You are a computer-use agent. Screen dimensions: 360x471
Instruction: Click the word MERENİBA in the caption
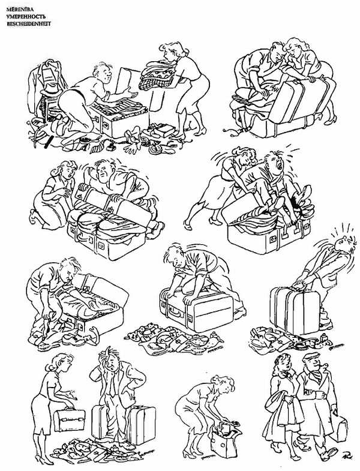(20, 10)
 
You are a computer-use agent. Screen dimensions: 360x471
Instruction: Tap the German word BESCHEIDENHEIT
(29, 23)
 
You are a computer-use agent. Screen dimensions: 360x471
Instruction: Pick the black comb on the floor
(49, 142)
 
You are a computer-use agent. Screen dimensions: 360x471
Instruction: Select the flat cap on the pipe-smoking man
(311, 356)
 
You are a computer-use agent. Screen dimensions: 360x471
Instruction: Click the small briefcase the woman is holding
(69, 419)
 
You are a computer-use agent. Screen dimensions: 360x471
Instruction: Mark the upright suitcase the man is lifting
(295, 310)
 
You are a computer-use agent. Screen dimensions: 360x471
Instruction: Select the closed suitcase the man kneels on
(197, 310)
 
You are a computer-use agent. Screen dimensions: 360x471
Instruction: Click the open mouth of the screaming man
(280, 164)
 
